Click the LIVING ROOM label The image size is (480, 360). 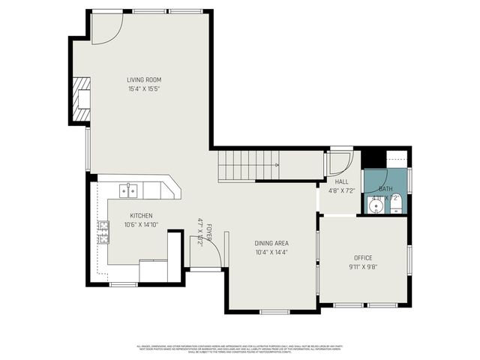(x=143, y=79)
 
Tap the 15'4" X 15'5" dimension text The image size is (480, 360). (x=143, y=88)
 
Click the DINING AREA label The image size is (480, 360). (x=271, y=243)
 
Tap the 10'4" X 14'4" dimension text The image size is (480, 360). (x=271, y=252)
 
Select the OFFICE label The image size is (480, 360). (x=363, y=258)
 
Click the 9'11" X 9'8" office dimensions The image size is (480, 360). (x=363, y=267)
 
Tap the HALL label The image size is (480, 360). (x=342, y=181)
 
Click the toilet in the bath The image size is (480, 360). (x=396, y=202)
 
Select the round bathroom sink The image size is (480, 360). (x=376, y=204)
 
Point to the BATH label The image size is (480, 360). (x=385, y=189)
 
